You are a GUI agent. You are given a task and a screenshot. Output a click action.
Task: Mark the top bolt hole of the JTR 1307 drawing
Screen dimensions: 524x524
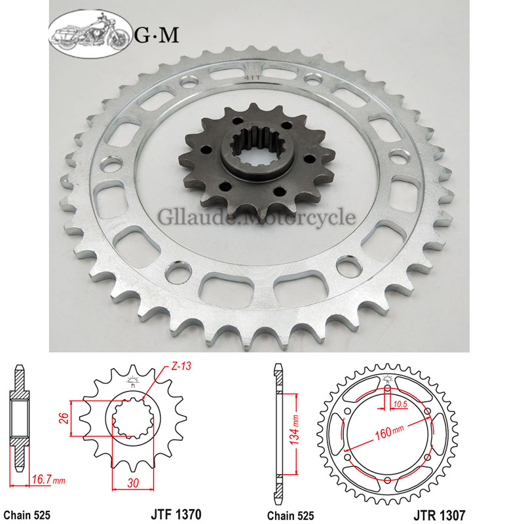(x=387, y=388)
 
